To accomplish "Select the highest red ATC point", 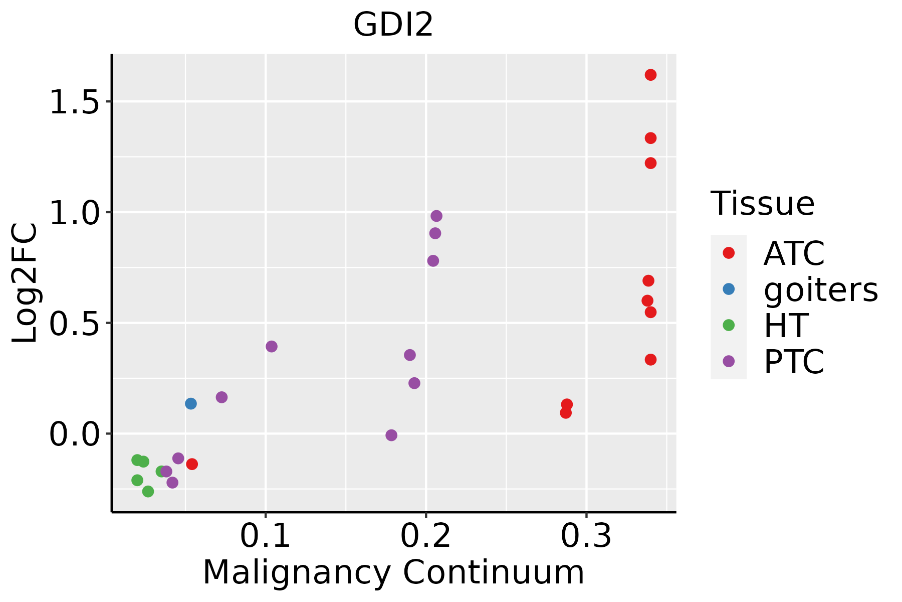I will [650, 75].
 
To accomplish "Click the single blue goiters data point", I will [190, 403].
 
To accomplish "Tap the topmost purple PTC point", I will [436, 216].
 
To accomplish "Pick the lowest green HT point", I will [148, 491].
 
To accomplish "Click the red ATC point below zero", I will [192, 464].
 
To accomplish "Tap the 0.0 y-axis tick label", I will [75, 434].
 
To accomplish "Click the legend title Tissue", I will [763, 204].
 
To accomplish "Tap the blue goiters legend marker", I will [729, 289].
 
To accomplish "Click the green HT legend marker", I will [729, 325].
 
